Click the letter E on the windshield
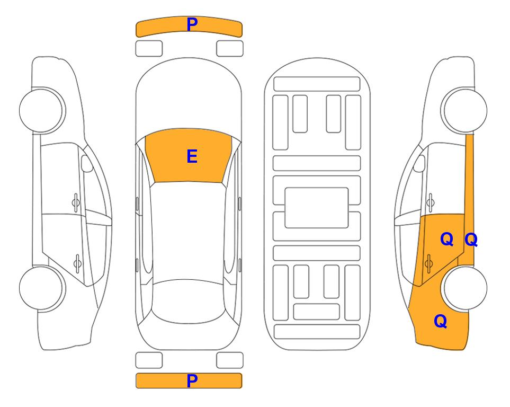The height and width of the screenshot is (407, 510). pos(192,156)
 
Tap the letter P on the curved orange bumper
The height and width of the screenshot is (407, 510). pos(192,24)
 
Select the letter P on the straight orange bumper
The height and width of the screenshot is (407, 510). pos(192,381)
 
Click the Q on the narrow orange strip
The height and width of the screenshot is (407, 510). pos(471,240)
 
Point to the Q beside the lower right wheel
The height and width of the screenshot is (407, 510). pos(441,321)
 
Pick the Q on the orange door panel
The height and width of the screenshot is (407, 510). pos(446,240)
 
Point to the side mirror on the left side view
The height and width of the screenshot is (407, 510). pos(86,163)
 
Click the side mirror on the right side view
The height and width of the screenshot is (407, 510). pos(419,163)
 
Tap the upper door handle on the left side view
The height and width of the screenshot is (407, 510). pos(76,203)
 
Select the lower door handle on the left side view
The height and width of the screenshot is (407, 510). pos(77,263)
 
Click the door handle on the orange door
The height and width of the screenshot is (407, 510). pos(428,263)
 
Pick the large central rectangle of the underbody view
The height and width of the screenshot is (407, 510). pos(317,208)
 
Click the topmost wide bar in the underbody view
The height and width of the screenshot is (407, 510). pos(317,84)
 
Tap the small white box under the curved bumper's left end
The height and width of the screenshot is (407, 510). pos(149,49)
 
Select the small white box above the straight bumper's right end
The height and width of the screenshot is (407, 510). pos(230,360)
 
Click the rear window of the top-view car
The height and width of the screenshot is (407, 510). pos(187,302)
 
